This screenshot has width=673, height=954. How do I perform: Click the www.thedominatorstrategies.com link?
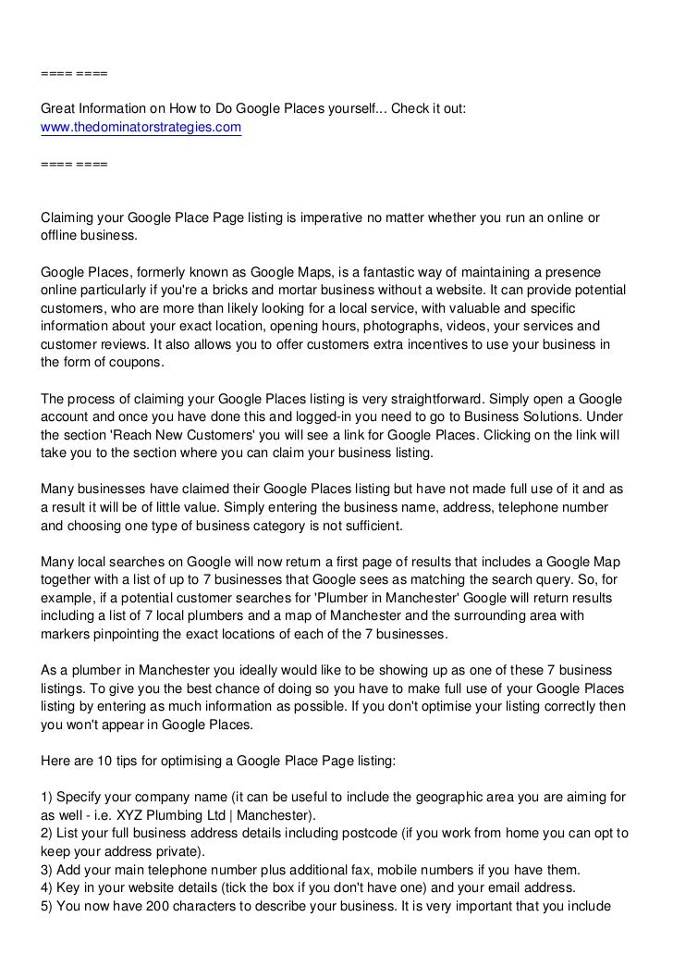[141, 128]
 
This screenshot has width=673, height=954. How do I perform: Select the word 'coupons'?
[136, 363]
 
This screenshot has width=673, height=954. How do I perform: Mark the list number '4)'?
[47, 887]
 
